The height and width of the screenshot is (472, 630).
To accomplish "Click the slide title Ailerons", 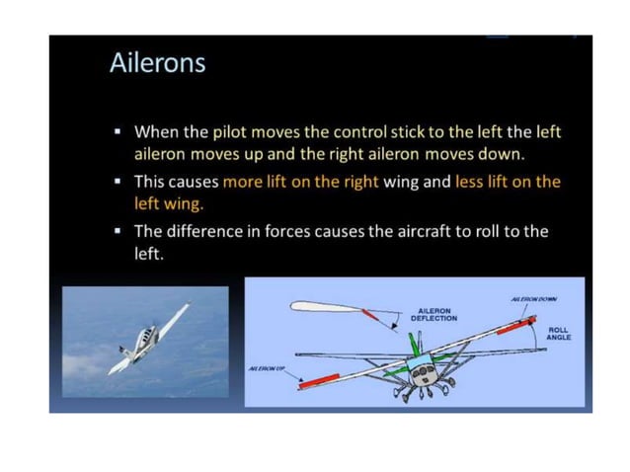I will (x=157, y=64).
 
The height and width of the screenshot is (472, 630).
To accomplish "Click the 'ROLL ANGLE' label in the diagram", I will (x=558, y=334).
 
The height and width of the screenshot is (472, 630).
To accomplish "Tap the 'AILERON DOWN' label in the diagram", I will (x=534, y=297).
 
